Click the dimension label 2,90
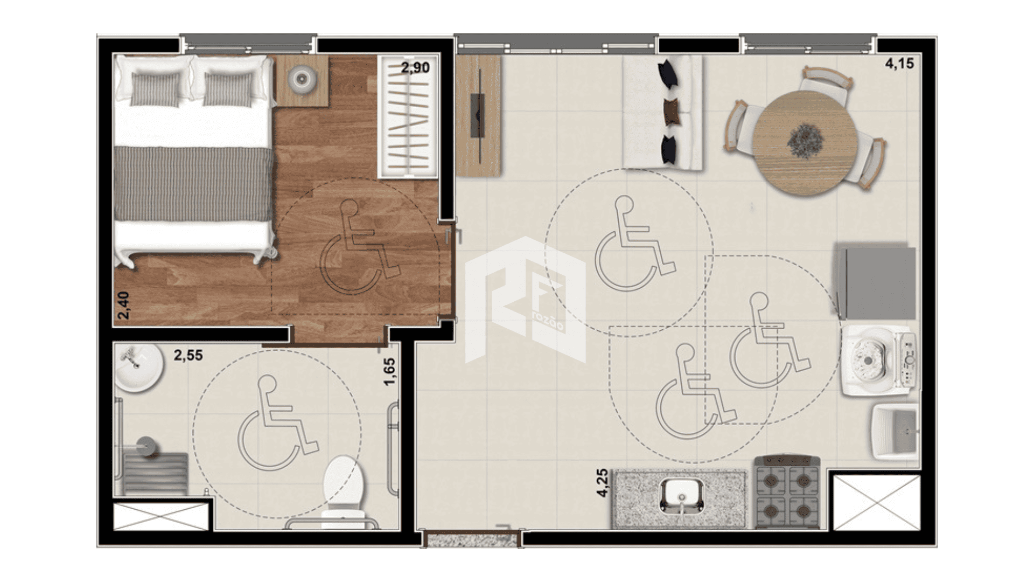415,68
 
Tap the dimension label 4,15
899,64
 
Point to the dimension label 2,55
188,356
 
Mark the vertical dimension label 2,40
123,305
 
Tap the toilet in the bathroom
343,491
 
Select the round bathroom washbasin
138,368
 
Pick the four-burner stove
787,493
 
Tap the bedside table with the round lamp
302,80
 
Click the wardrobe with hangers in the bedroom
408,116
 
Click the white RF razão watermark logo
525,300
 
